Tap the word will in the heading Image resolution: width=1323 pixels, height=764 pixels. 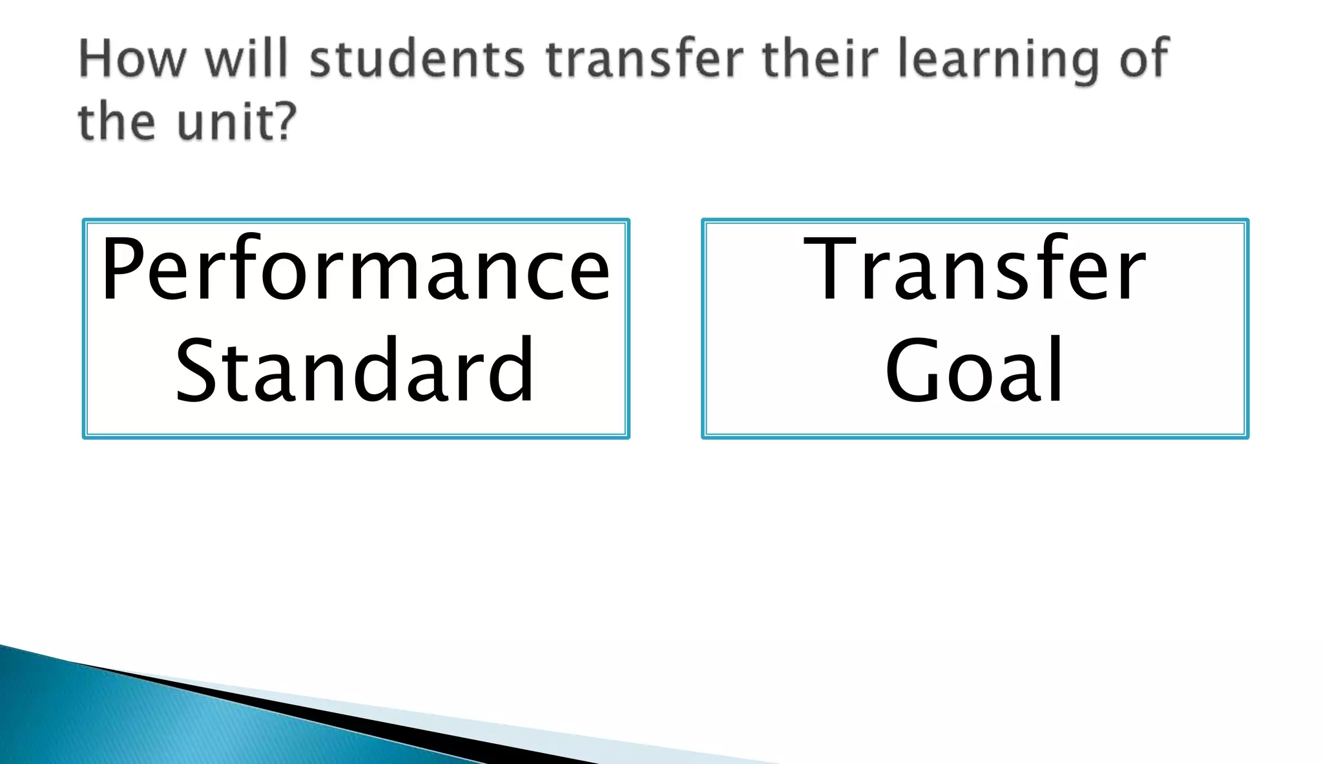point(246,58)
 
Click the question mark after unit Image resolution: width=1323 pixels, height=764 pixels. point(285,121)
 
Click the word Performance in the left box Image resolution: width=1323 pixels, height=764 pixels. point(355,270)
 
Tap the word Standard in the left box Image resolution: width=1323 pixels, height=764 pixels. point(355,370)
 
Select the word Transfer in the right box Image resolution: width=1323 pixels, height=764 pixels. point(974,270)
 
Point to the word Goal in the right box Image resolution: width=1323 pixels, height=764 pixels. point(974,370)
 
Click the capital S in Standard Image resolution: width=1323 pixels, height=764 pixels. point(196,370)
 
